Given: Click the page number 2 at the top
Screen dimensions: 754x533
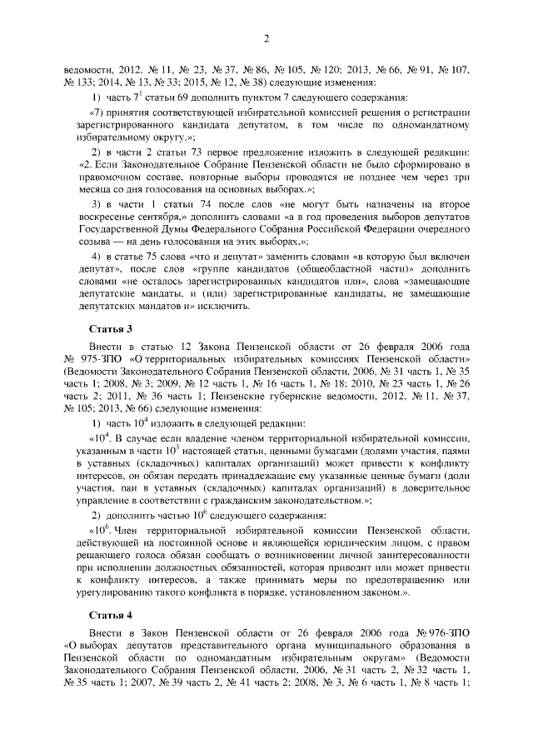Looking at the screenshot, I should point(266,38).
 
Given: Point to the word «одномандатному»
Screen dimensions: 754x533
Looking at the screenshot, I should point(428,124).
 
